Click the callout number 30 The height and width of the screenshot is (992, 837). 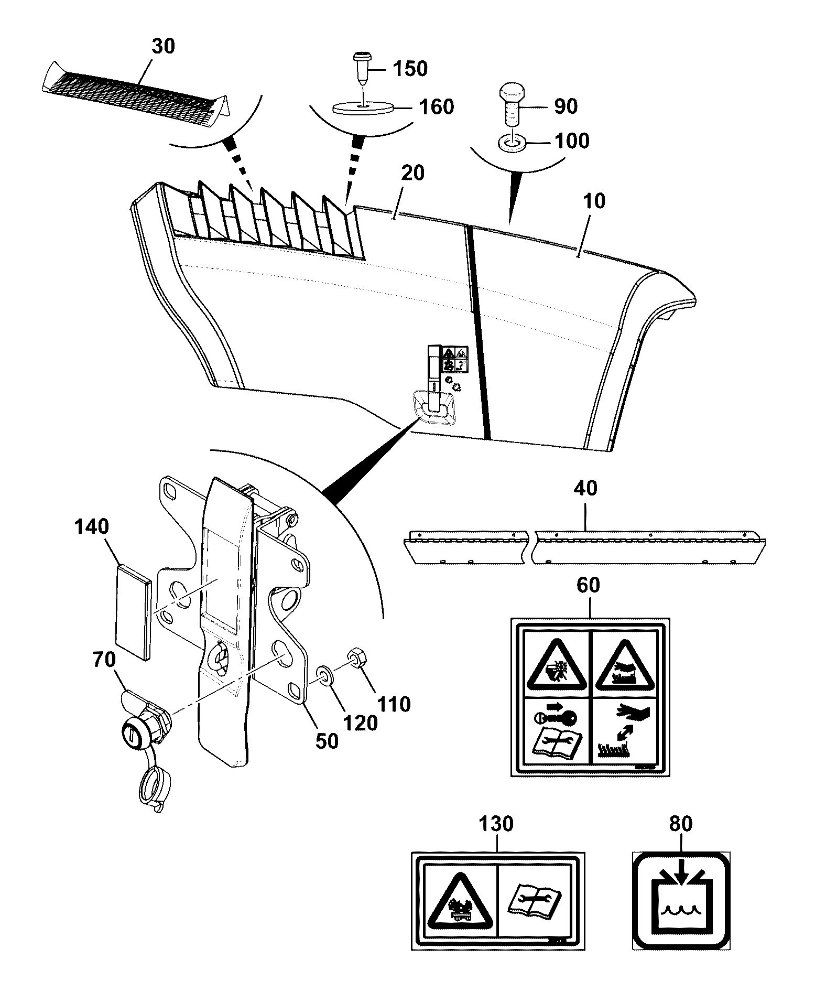pos(163,46)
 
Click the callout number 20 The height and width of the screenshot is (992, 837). pos(412,173)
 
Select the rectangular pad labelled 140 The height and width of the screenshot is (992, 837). pos(134,611)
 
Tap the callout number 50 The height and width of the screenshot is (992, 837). pos(327,742)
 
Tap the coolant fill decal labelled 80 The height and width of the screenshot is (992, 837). pos(681,900)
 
